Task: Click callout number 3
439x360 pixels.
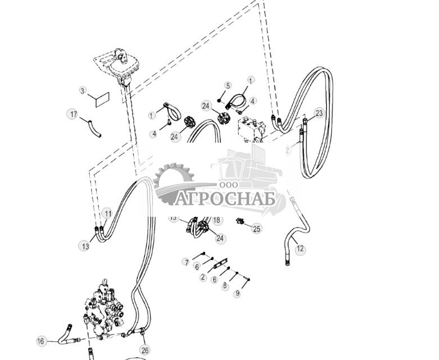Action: pos(83,90)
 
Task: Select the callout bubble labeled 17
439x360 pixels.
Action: pos(73,114)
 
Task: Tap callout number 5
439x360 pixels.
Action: pos(228,85)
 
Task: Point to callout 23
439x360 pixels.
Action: pos(319,113)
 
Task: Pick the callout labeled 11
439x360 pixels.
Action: pos(107,213)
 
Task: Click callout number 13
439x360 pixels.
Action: pos(85,246)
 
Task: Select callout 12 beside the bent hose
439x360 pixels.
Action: pos(300,248)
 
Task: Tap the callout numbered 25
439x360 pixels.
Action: pos(256,229)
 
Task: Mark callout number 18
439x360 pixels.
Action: pos(217,221)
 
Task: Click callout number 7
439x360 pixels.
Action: pos(185,262)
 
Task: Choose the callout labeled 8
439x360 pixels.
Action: pos(225,286)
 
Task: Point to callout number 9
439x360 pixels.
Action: pos(237,294)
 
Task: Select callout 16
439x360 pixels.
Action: pos(40,341)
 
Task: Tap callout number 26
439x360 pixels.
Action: pos(145,350)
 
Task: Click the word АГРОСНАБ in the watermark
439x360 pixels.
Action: pos(225,198)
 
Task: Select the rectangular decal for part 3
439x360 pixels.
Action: pos(102,99)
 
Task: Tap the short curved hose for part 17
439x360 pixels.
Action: pos(93,128)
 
